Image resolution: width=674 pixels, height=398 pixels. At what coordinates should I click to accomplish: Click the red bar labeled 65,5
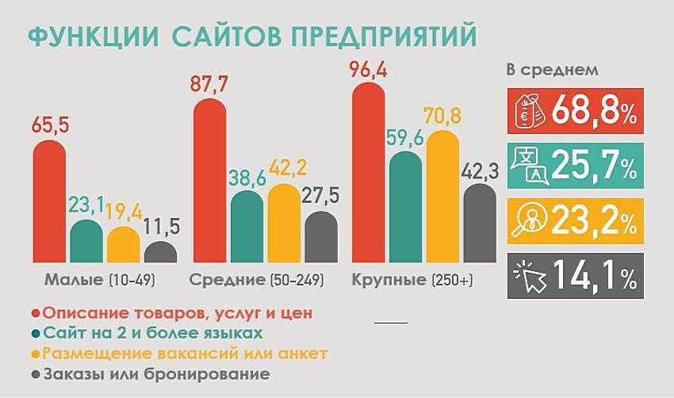[x=49, y=202]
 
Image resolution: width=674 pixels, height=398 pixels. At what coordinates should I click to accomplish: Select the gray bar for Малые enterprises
[x=160, y=253]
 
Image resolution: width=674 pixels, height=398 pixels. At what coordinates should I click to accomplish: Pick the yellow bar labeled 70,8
[x=442, y=198]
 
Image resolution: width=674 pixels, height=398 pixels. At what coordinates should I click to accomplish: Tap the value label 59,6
[x=406, y=136]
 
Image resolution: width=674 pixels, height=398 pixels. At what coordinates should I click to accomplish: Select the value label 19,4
[x=124, y=211]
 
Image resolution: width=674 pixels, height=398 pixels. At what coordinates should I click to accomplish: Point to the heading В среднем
[x=552, y=70]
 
